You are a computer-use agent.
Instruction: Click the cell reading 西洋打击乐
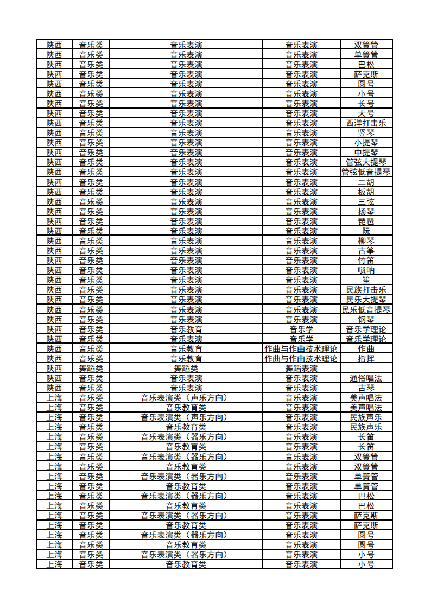[366, 123]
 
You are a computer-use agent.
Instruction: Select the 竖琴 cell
[366, 133]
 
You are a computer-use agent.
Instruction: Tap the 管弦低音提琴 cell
[366, 172]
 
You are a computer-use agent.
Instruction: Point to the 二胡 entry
[366, 182]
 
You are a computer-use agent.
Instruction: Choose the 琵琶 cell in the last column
[366, 221]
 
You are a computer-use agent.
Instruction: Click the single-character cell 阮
[366, 231]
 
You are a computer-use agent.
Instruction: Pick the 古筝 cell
[366, 251]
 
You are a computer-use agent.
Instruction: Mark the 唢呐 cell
[366, 270]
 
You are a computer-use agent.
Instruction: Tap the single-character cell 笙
[366, 280]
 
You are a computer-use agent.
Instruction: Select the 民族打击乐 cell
[366, 290]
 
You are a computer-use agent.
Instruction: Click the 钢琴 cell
[366, 319]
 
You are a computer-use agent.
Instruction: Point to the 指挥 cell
[366, 359]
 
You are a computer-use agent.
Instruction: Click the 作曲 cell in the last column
[366, 349]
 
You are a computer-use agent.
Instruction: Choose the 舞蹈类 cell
[91, 369]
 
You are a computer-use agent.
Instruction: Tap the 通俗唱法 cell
[366, 378]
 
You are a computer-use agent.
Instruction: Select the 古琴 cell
[366, 388]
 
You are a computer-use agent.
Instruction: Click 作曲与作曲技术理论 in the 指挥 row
[301, 359]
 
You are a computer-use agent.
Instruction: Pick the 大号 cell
[366, 113]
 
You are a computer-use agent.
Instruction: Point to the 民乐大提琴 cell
[366, 300]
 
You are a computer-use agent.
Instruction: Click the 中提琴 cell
[366, 153]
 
